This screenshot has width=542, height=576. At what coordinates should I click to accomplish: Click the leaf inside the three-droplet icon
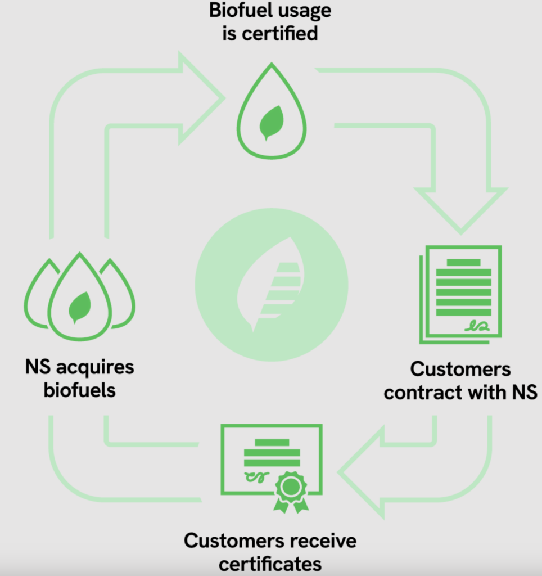(x=79, y=307)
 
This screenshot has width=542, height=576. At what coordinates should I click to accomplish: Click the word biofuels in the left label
(x=79, y=390)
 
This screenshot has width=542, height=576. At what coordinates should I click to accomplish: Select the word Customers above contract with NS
(x=460, y=370)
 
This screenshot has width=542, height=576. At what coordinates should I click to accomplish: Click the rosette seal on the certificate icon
(x=291, y=488)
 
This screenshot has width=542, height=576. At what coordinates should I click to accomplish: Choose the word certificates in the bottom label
(x=270, y=563)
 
